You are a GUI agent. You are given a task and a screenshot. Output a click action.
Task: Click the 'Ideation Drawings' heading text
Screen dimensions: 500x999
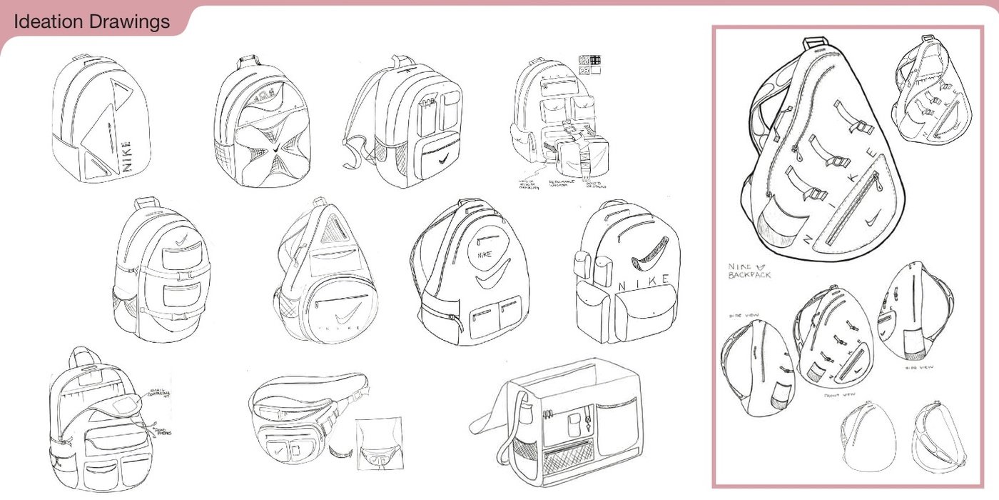(91, 22)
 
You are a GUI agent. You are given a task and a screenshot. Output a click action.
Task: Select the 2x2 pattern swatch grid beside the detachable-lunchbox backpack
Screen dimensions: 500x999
(589, 65)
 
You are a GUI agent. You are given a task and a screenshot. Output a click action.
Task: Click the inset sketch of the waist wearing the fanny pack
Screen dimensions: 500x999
(379, 443)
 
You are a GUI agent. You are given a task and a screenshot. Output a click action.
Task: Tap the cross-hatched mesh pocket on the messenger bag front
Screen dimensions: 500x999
(568, 453)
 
